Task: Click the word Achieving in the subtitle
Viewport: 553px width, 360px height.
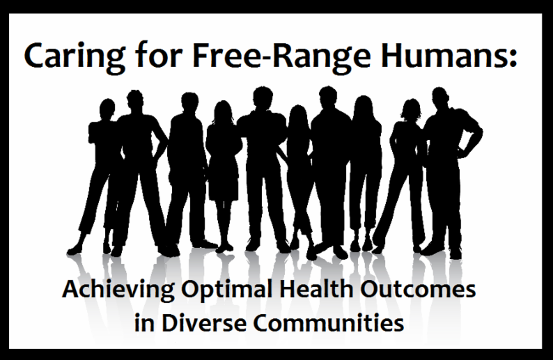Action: click(118, 290)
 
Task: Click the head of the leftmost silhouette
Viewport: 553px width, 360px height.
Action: click(107, 108)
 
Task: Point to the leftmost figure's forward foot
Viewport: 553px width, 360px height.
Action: click(75, 250)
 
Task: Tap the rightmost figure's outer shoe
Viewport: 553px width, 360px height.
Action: click(455, 253)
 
